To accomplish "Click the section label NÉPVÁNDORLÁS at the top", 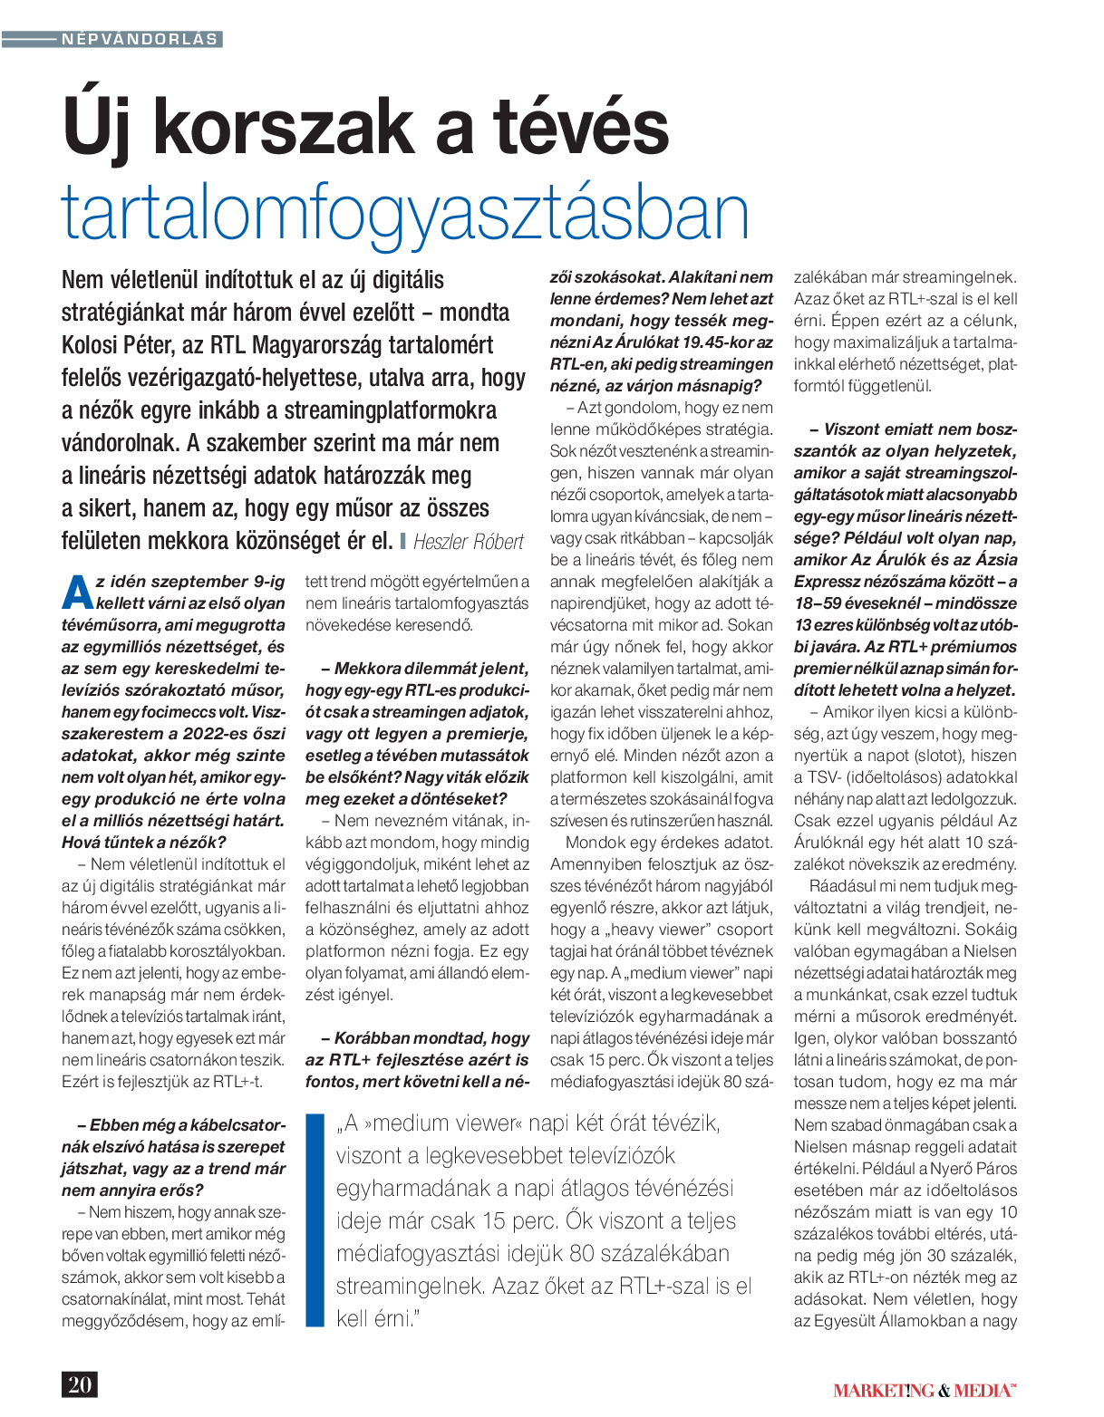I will [140, 39].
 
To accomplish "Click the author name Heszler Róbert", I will [468, 542].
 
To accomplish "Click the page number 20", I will [79, 1384].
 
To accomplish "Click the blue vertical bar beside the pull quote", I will [315, 1220].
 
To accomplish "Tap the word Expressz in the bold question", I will [826, 582].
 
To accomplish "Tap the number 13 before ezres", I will [803, 625].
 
